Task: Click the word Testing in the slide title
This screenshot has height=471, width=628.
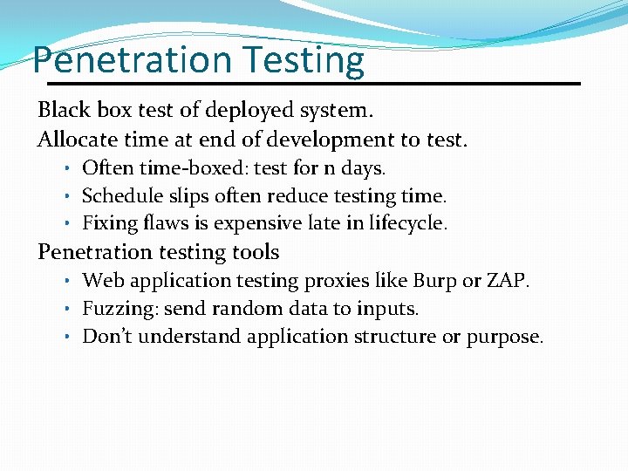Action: (x=304, y=60)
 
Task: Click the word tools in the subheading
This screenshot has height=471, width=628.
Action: (x=254, y=252)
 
